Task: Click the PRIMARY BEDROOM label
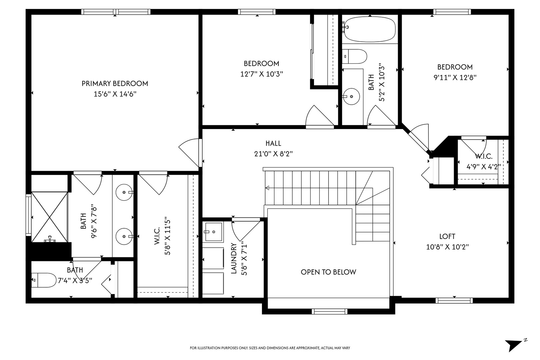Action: (115, 84)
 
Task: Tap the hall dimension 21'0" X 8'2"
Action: (273, 154)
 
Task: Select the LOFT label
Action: (447, 237)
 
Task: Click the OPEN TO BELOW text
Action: (328, 272)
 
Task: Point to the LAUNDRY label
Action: (234, 258)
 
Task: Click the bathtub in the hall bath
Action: (370, 29)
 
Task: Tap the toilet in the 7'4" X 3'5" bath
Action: (44, 280)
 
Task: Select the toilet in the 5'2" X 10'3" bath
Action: (354, 56)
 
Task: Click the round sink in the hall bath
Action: (351, 96)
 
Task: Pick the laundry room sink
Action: (213, 232)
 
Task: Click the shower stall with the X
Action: (49, 217)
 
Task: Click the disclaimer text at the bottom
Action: (270, 348)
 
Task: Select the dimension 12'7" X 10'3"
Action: (262, 74)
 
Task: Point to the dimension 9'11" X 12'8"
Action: (455, 77)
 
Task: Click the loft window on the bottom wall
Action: (454, 300)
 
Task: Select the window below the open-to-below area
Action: (330, 312)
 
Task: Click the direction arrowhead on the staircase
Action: (267, 188)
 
